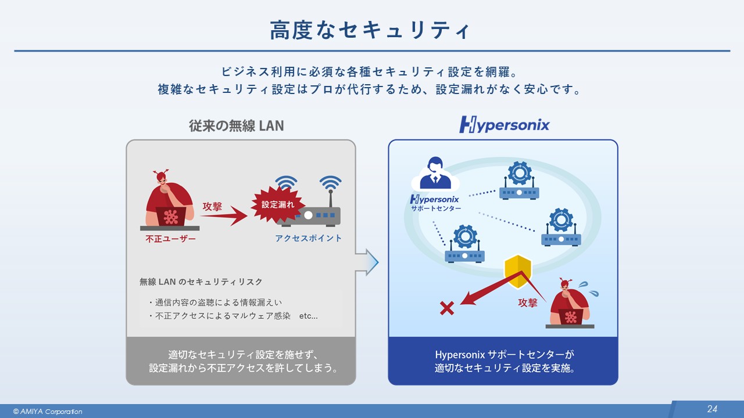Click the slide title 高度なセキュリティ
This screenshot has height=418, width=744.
[370, 30]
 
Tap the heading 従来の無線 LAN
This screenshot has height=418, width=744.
[236, 125]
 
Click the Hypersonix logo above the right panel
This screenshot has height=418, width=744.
[503, 125]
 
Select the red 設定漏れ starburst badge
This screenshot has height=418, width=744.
[278, 205]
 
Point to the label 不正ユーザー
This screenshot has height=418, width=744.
[170, 239]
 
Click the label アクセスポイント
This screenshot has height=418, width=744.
[309, 239]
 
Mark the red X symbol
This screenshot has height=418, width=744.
[446, 308]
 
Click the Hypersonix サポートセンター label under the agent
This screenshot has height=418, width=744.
[435, 203]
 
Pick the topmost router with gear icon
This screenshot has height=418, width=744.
[519, 182]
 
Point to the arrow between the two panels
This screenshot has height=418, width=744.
[367, 263]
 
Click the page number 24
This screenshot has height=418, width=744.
[712, 409]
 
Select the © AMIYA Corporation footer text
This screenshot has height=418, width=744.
[48, 412]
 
